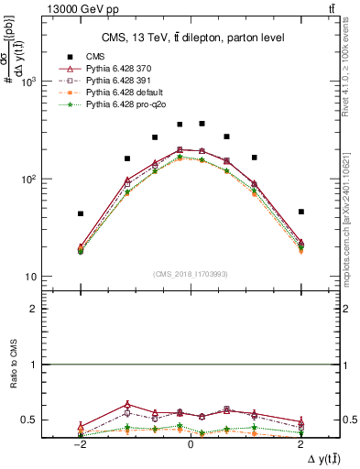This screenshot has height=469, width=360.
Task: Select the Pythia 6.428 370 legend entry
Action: [115, 69]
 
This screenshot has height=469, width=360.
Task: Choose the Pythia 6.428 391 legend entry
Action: [115, 81]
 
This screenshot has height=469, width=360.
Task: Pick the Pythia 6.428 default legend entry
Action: [119, 93]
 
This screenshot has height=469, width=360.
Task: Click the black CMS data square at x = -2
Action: [81, 213]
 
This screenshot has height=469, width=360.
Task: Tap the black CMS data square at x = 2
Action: [300, 212]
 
